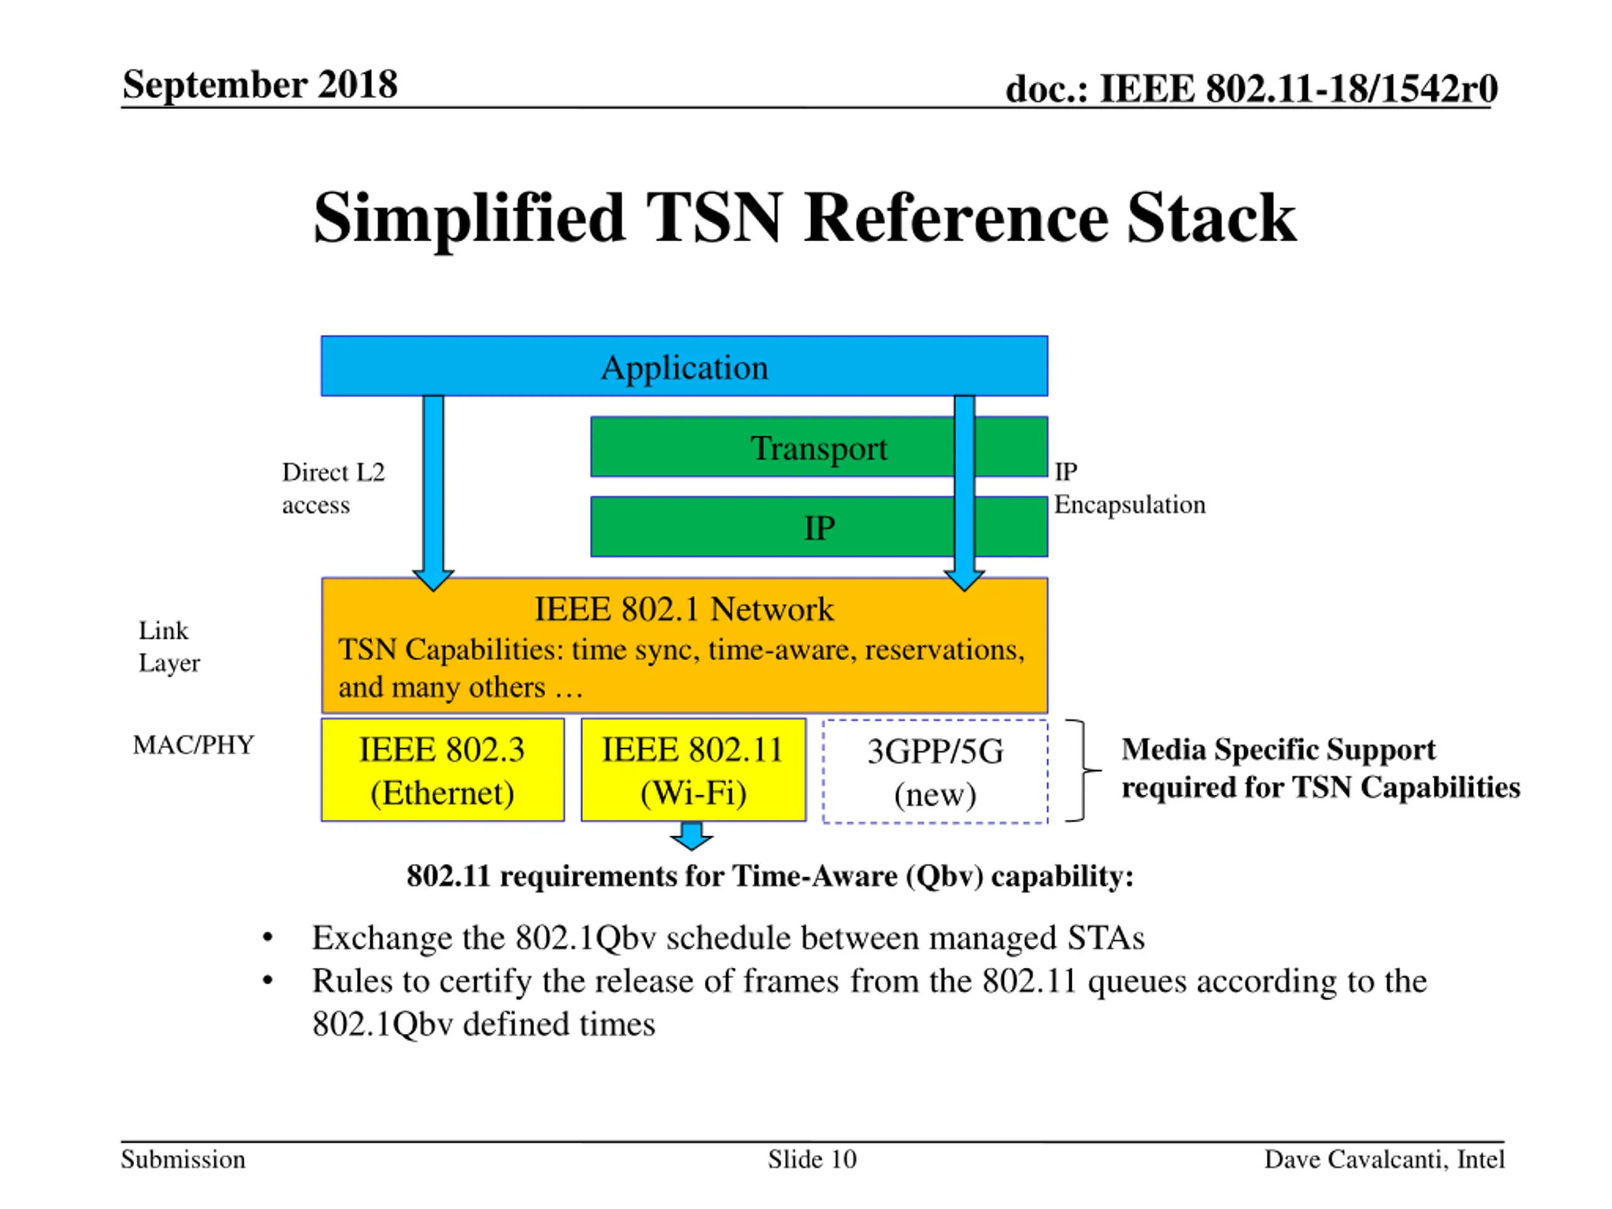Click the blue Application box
[x=684, y=366]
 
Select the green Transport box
[x=819, y=446]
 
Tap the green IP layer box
[x=819, y=527]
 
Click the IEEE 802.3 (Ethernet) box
[x=442, y=769]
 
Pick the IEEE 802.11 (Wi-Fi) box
[x=693, y=769]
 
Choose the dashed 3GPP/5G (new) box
[x=935, y=771]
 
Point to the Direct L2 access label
[x=333, y=488]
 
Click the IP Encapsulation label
[x=1130, y=487]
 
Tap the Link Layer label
[x=169, y=647]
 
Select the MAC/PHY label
[x=194, y=744]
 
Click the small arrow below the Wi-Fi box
[x=691, y=836]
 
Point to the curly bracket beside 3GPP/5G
[x=1083, y=770]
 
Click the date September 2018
[x=260, y=84]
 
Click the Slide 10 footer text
[x=812, y=1159]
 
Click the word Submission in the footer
[x=183, y=1159]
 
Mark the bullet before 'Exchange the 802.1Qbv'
[x=268, y=938]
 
